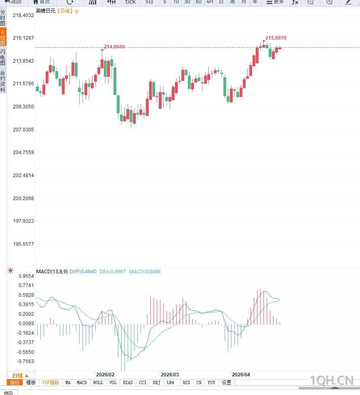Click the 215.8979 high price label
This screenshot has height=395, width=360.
point(276,38)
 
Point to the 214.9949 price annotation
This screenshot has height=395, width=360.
point(114,47)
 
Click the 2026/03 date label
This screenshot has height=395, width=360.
point(170,375)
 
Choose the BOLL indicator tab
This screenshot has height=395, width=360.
point(98,382)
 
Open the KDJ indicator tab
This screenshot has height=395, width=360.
point(157,382)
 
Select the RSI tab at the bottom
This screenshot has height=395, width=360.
point(186,382)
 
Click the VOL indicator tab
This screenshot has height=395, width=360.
point(113,382)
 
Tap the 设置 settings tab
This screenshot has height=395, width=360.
point(226,382)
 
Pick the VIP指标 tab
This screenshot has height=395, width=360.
point(51,382)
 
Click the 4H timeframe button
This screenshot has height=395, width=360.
point(210,2)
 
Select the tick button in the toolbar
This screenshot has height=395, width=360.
point(131,2)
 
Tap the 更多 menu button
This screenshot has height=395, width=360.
point(275,2)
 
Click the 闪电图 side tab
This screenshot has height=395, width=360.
point(3,58)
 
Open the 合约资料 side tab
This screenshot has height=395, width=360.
point(3,81)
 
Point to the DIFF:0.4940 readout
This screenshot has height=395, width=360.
point(83,272)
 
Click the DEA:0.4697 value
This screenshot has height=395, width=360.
point(112,272)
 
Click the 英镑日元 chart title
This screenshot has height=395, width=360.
point(45,11)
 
